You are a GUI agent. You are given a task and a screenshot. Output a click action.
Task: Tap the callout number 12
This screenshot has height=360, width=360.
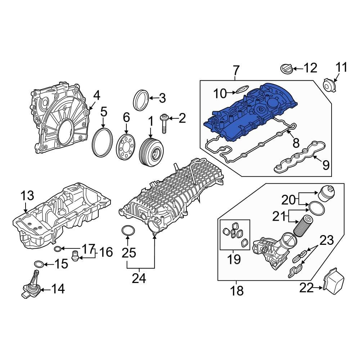click(x=310, y=68)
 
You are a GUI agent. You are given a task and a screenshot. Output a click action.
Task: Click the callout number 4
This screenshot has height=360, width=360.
click(x=96, y=95)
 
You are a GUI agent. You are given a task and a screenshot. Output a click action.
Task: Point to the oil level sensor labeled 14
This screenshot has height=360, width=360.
click(x=31, y=286)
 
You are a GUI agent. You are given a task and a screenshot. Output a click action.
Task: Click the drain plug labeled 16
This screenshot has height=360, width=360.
click(x=76, y=256)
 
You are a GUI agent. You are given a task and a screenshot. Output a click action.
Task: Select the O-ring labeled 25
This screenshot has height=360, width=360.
click(x=128, y=230)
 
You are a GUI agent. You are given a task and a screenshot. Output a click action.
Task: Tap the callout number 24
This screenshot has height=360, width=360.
click(x=139, y=278)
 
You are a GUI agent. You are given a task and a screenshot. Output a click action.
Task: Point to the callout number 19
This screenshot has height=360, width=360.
click(x=234, y=259)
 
